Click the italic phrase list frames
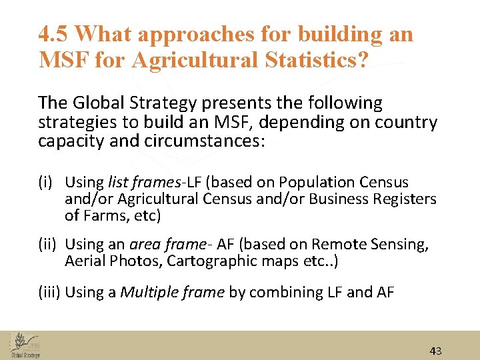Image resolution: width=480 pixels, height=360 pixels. tap(138, 182)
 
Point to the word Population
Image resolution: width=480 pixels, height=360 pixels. tap(317, 182)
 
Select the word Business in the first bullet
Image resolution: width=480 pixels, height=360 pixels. tap(343, 199)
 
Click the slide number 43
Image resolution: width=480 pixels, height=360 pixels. tap(436, 351)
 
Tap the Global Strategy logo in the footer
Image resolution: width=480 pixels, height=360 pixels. tap(25, 345)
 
